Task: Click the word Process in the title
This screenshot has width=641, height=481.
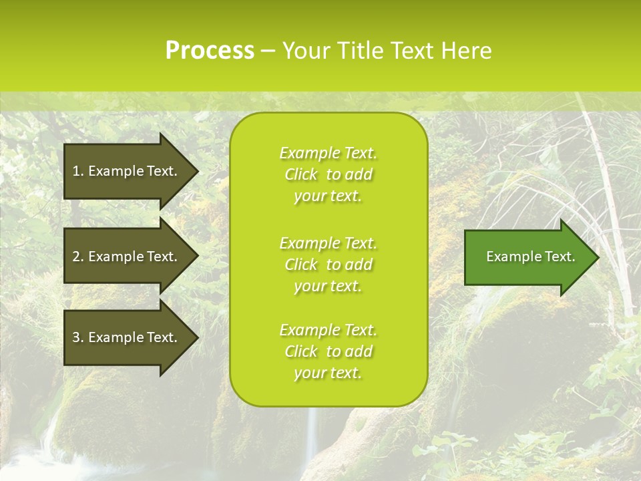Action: pyautogui.click(x=210, y=51)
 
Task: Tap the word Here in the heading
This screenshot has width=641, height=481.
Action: pyautogui.click(x=465, y=51)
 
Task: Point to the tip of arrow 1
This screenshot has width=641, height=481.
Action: pyautogui.click(x=197, y=172)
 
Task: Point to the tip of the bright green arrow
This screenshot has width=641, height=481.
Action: pyautogui.click(x=598, y=257)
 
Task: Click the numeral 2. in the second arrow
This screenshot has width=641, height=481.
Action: pyautogui.click(x=78, y=257)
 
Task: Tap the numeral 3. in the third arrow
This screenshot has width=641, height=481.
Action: pyautogui.click(x=78, y=337)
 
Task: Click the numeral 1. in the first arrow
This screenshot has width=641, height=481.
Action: pyautogui.click(x=78, y=171)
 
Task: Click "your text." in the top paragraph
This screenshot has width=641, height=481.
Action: pyautogui.click(x=328, y=196)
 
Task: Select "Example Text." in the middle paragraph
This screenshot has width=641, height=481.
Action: pyautogui.click(x=328, y=243)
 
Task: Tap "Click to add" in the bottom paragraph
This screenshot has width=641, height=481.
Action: pyautogui.click(x=328, y=351)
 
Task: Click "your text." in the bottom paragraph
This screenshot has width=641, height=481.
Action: pyautogui.click(x=328, y=373)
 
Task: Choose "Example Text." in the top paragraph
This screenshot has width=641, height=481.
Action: pyautogui.click(x=328, y=153)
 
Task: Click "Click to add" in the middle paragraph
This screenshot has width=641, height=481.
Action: pyautogui.click(x=328, y=265)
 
